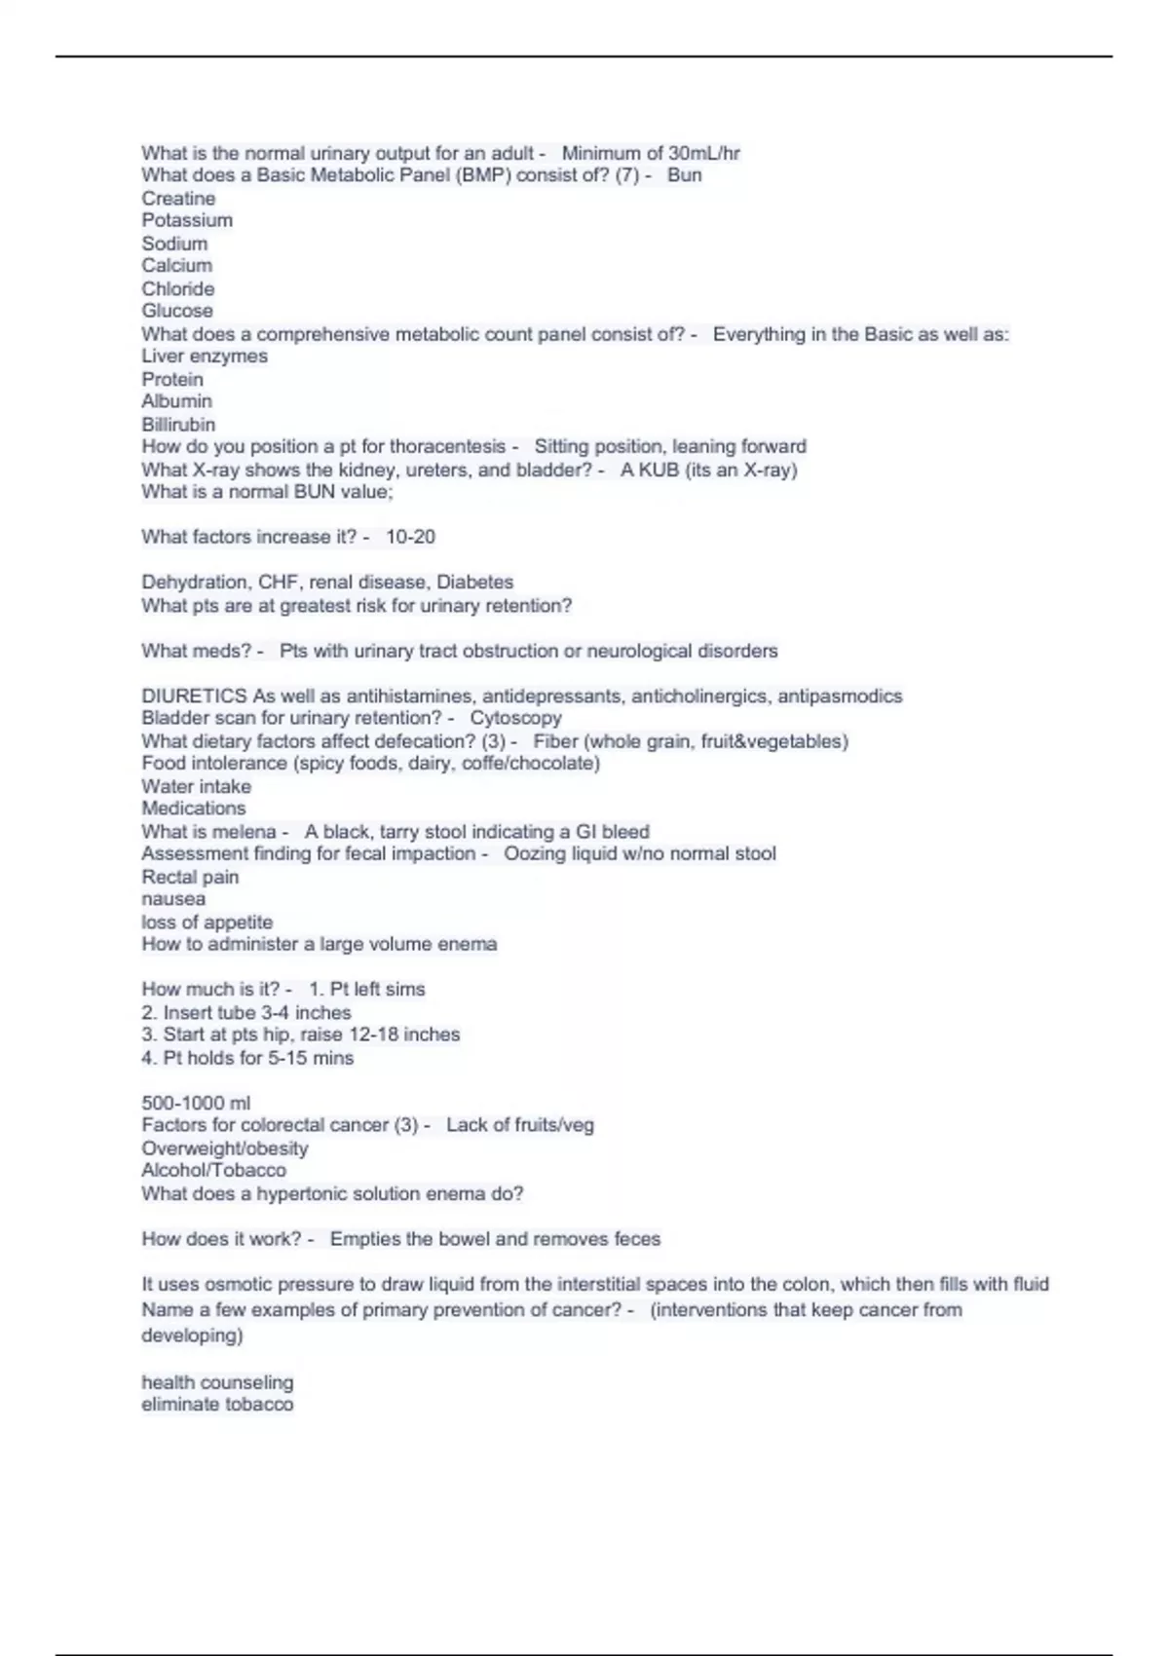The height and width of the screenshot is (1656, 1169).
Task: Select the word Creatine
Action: click(178, 198)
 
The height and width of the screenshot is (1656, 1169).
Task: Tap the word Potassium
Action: click(187, 220)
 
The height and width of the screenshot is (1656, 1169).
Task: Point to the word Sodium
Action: click(174, 244)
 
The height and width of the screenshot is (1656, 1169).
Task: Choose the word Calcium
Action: click(176, 265)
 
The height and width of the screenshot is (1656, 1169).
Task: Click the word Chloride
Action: click(178, 288)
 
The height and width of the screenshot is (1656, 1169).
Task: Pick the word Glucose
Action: click(177, 311)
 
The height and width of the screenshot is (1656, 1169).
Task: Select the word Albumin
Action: click(176, 401)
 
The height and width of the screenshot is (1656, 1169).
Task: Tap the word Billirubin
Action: click(178, 425)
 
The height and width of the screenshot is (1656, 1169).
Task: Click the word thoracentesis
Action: click(447, 447)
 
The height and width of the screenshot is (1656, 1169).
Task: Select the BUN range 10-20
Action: click(410, 537)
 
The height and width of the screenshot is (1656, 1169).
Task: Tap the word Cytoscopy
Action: click(515, 718)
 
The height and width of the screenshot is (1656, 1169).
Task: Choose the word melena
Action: click(244, 832)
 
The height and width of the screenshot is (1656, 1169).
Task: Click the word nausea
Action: click(173, 899)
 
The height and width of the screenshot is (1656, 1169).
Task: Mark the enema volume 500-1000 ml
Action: click(196, 1103)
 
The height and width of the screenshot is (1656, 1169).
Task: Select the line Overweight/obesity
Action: click(224, 1148)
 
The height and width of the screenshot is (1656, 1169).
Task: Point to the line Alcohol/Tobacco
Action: click(213, 1170)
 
